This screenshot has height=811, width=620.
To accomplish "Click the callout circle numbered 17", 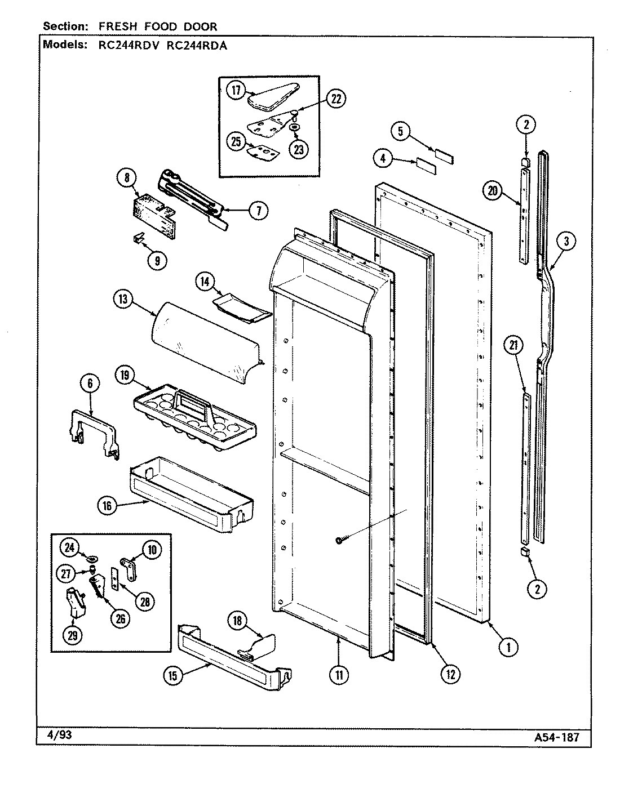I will tap(235, 90).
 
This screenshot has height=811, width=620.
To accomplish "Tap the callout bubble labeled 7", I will tap(258, 211).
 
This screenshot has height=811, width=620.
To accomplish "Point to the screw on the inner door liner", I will tap(339, 540).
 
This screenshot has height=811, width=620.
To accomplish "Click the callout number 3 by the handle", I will tap(566, 241).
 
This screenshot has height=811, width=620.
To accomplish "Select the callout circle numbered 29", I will tap(73, 635).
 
